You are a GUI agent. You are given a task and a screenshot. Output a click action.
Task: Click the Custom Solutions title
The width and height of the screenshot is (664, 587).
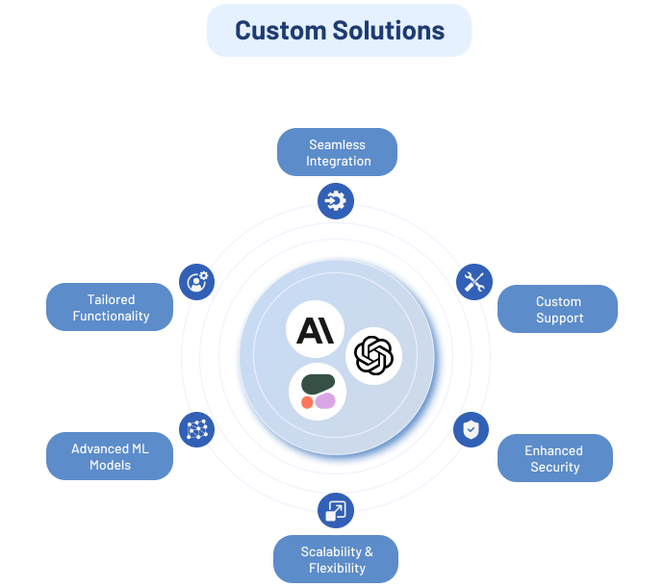pyautogui.click(x=339, y=30)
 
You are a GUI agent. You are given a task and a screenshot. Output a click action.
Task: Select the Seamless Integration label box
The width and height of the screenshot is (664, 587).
pyautogui.click(x=337, y=152)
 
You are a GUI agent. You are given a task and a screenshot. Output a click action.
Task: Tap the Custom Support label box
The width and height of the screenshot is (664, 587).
pyautogui.click(x=557, y=309)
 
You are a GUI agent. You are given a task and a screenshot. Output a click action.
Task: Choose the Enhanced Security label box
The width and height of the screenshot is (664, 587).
pyautogui.click(x=554, y=458)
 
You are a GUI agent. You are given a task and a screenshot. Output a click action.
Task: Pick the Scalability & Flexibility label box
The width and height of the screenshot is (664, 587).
pyautogui.click(x=336, y=559)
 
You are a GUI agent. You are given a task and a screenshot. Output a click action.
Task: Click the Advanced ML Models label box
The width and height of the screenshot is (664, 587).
pyautogui.click(x=110, y=456)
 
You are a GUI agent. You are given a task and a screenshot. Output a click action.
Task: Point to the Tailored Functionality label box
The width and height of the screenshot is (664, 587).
pyautogui.click(x=111, y=307)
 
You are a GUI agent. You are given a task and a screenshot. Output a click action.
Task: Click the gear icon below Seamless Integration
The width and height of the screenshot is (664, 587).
pyautogui.click(x=336, y=201)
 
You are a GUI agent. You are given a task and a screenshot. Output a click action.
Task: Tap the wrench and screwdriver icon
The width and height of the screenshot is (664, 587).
pyautogui.click(x=473, y=282)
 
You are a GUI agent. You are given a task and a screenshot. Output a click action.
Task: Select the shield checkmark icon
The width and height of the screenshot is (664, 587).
pyautogui.click(x=471, y=429)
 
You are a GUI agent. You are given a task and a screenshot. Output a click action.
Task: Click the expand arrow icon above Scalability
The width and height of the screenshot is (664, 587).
pyautogui.click(x=336, y=510)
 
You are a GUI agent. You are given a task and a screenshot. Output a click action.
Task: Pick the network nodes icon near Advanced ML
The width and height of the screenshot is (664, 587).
pyautogui.click(x=197, y=429)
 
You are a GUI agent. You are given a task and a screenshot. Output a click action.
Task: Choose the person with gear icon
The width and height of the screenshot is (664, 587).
pyautogui.click(x=197, y=282)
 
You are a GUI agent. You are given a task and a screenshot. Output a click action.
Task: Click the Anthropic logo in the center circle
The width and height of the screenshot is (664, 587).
pyautogui.click(x=315, y=330)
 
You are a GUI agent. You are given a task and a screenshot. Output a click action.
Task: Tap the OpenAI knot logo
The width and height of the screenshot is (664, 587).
pyautogui.click(x=373, y=356)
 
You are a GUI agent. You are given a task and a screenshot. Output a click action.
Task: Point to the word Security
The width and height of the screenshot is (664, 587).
pyautogui.click(x=554, y=467)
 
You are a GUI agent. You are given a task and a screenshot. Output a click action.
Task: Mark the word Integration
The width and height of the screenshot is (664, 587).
pyautogui.click(x=338, y=161)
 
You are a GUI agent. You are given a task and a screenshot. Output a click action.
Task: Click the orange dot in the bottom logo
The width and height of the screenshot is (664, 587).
pyautogui.click(x=307, y=401)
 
